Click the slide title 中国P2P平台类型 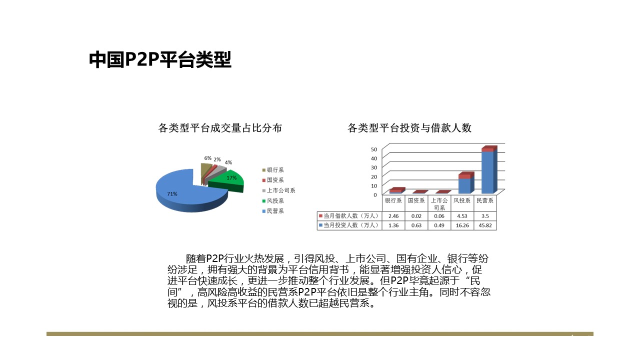tap(160, 59)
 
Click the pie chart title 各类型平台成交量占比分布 tap(220, 127)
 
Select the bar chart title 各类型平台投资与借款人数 tap(409, 127)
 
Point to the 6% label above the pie tap(207, 158)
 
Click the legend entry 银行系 tap(273, 170)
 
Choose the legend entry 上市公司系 tap(279, 190)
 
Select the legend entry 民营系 tap(273, 211)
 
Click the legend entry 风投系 tap(273, 201)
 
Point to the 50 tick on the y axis tap(374, 149)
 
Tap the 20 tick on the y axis tap(374, 177)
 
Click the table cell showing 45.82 tap(485, 225)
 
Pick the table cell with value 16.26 tap(462, 225)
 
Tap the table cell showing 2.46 tap(393, 216)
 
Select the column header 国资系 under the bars tap(416, 200)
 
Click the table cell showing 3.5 tap(485, 216)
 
